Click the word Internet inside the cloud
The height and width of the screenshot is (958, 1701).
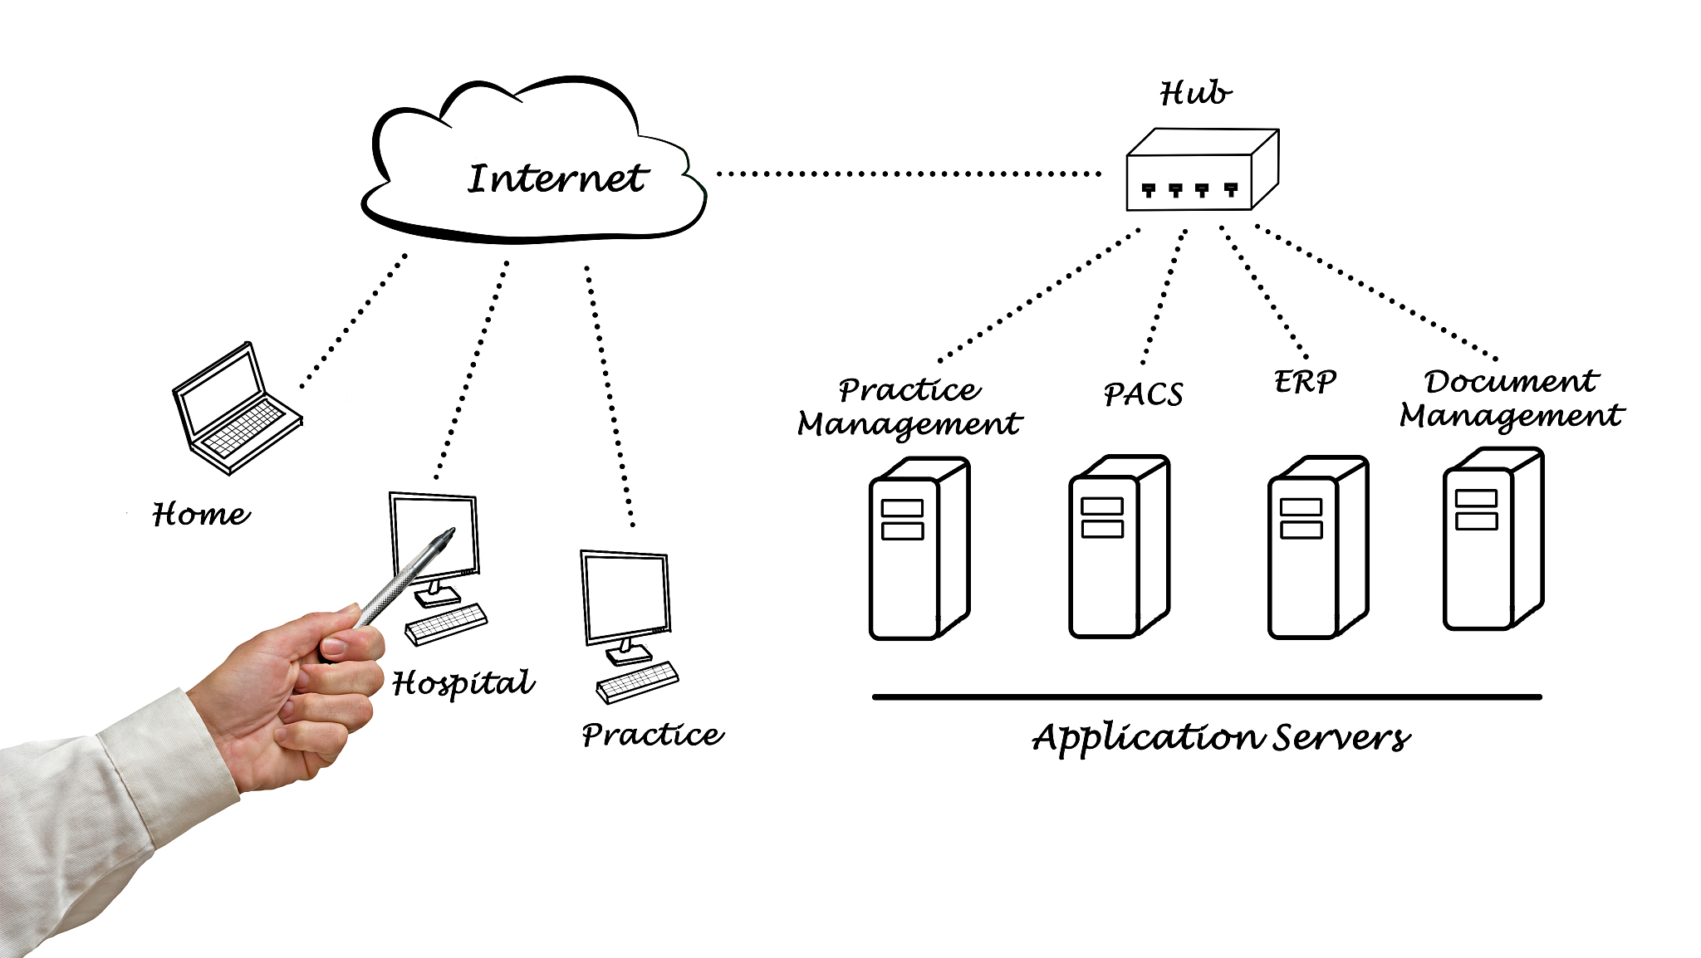pyautogui.click(x=556, y=178)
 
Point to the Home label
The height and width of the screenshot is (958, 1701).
pyautogui.click(x=200, y=514)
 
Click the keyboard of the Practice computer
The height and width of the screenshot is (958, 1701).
pyautogui.click(x=637, y=682)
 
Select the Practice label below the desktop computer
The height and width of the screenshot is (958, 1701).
pyautogui.click(x=652, y=735)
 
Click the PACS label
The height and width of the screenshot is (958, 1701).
pyautogui.click(x=1143, y=394)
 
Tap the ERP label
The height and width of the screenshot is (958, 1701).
pyautogui.click(x=1304, y=382)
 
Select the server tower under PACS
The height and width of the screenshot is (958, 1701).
pyautogui.click(x=1118, y=548)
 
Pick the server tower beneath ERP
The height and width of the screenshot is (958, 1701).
pyautogui.click(x=1317, y=548)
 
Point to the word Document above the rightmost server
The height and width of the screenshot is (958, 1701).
pyautogui.click(x=1510, y=381)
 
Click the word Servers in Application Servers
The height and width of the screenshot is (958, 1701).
pyautogui.click(x=1341, y=737)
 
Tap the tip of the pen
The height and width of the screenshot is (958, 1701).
pyautogui.click(x=451, y=530)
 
